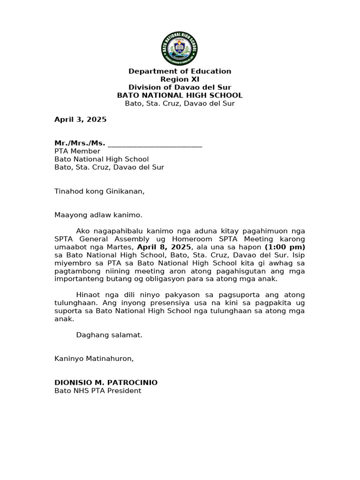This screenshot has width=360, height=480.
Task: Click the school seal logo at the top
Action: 180,48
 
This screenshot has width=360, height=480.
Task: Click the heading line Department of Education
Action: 180,71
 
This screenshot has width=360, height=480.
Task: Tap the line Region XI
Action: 180,79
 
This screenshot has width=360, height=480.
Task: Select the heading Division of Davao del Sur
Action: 180,87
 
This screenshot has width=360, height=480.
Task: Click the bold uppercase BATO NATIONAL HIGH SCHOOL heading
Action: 180,95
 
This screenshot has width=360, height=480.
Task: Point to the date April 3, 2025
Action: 81,120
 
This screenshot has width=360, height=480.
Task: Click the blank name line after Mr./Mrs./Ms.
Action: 155,143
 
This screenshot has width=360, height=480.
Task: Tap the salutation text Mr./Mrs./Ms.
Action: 80,143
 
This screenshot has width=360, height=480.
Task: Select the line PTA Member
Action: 77,151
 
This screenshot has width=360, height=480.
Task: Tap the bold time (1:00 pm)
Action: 285,247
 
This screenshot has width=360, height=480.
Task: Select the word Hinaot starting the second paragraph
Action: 88,295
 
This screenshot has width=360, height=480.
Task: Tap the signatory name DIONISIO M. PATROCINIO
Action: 106,382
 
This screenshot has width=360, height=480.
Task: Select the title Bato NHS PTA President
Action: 97,390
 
